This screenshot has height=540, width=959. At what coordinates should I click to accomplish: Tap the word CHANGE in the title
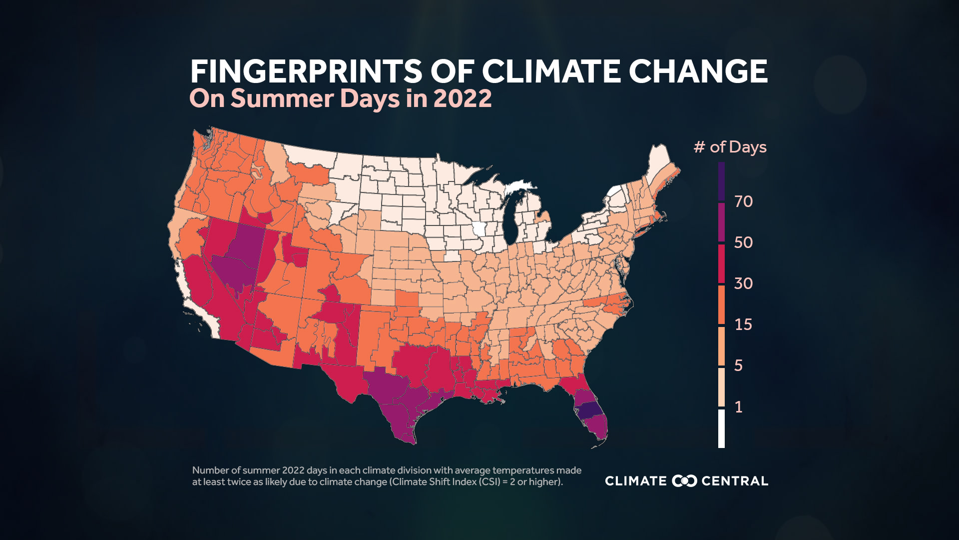(x=698, y=71)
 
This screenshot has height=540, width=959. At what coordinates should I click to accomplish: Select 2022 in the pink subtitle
(x=463, y=98)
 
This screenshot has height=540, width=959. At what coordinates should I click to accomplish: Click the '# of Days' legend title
(x=730, y=147)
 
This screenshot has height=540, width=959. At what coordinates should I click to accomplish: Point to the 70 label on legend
(x=743, y=201)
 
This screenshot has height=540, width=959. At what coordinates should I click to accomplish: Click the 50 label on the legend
(x=743, y=242)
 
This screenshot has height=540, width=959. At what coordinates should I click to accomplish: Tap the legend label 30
(x=743, y=283)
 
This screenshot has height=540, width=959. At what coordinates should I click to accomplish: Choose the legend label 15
(x=743, y=324)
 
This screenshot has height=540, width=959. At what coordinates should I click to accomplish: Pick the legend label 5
(x=738, y=365)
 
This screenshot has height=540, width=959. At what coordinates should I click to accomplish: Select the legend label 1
(x=738, y=406)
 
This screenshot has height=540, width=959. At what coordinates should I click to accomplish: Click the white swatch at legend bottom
(x=721, y=428)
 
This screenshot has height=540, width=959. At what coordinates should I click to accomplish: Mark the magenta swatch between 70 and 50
(x=721, y=222)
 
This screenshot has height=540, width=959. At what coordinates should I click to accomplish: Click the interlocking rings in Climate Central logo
(x=684, y=481)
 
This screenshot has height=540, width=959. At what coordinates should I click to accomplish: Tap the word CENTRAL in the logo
(x=735, y=481)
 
